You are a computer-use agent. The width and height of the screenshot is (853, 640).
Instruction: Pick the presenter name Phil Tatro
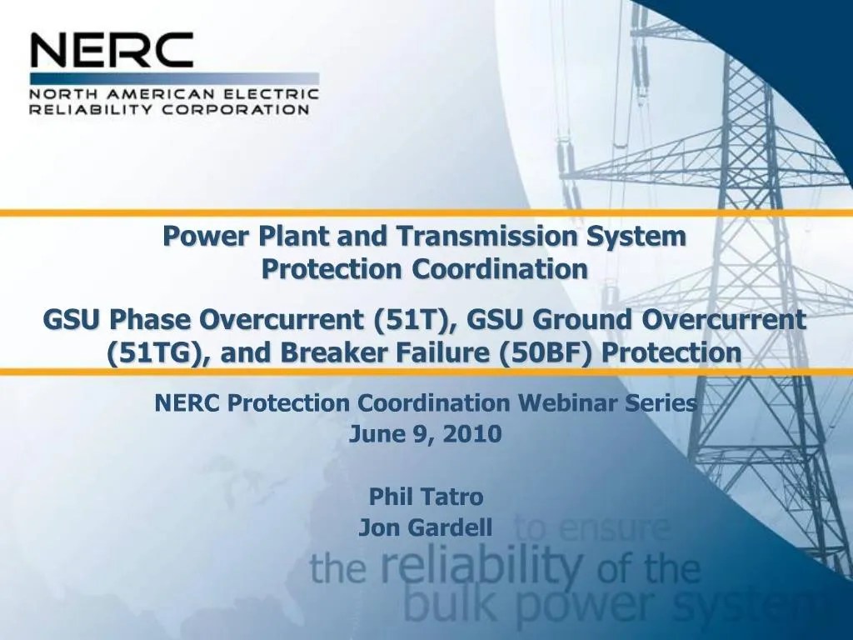tap(426, 497)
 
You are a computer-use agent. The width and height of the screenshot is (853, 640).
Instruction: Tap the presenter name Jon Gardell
tap(426, 527)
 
